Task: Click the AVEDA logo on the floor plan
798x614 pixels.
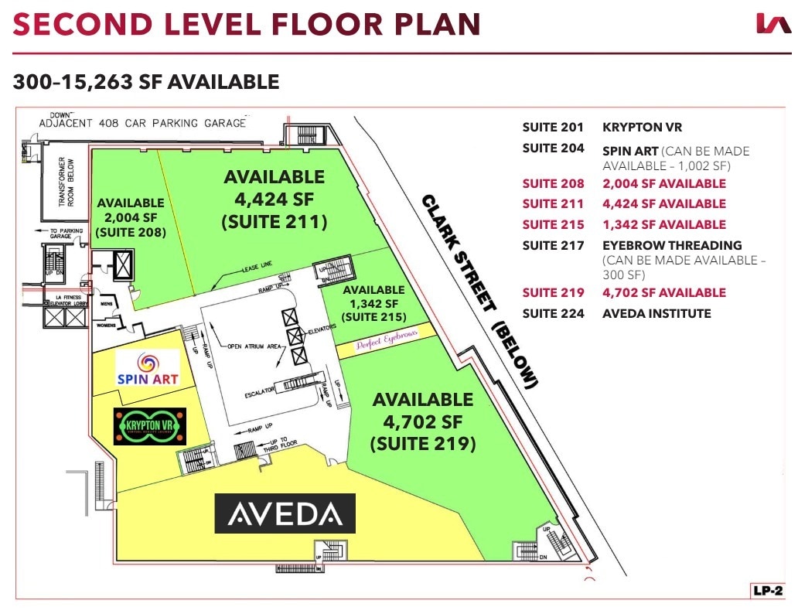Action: (285, 513)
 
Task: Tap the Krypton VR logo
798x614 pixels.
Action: (150, 426)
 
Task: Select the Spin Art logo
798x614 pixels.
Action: (148, 368)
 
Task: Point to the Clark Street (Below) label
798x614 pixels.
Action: (479, 291)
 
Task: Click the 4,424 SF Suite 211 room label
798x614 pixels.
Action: (274, 200)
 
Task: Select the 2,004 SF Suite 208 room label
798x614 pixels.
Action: (130, 217)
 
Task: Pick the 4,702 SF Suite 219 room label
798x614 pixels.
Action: (422, 421)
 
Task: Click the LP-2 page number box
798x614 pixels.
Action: (769, 591)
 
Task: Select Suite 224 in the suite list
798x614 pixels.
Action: (553, 313)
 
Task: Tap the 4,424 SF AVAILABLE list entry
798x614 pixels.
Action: (664, 204)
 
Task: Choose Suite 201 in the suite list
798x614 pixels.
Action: (553, 127)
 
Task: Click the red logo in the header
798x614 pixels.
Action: (773, 23)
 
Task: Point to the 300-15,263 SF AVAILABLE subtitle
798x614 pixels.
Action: (145, 81)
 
